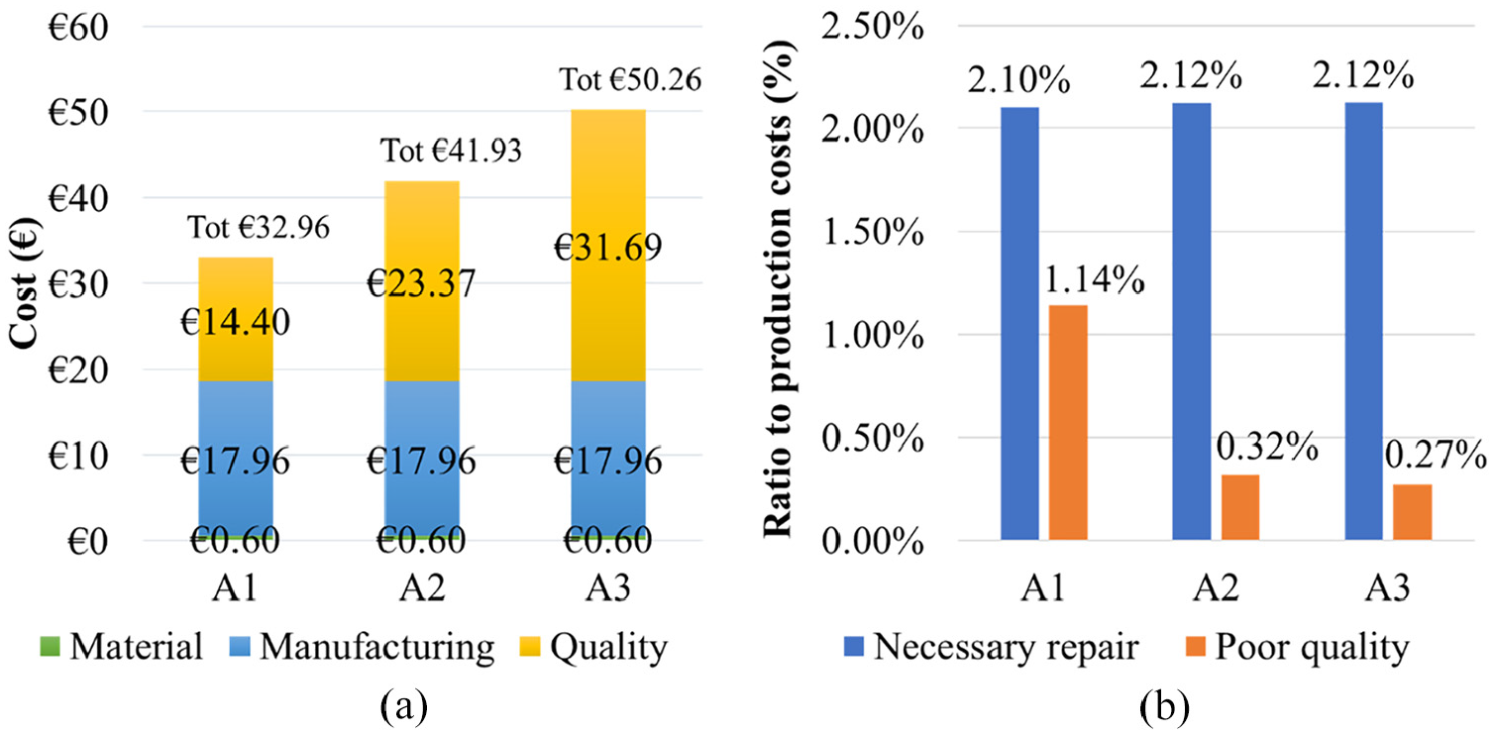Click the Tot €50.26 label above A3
[631, 78]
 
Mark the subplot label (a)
[403, 708]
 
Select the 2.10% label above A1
[1021, 79]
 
